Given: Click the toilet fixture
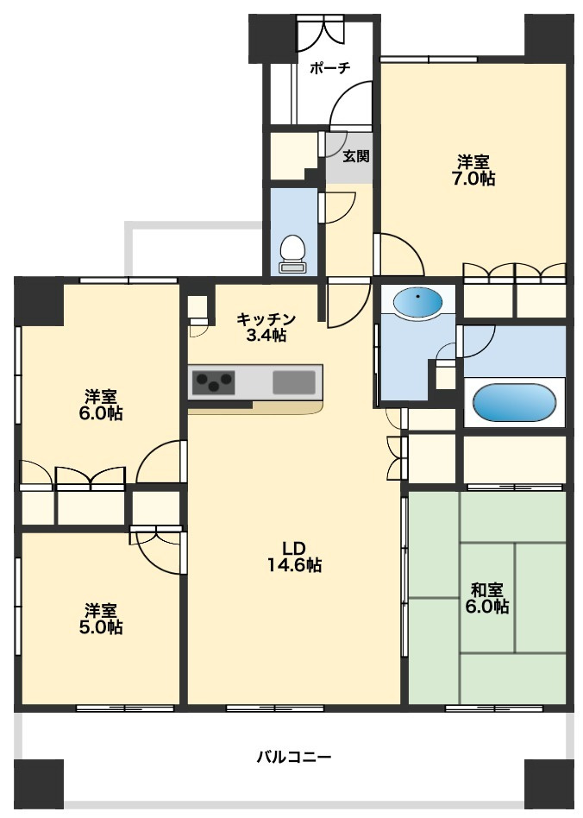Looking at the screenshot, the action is tap(292, 254).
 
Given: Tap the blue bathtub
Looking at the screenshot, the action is tap(514, 403).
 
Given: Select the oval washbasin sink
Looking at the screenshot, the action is tap(417, 302).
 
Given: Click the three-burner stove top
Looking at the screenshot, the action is tap(213, 382).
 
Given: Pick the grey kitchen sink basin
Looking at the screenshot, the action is tap(294, 382).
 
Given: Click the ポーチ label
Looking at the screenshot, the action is tap(330, 68).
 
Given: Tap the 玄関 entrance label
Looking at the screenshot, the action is tap(356, 155).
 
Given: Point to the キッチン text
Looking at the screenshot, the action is tap(266, 318).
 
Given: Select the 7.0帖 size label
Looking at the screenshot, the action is tap(473, 179).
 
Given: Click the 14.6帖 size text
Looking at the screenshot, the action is tap(295, 564).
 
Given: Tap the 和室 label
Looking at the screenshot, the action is tap(487, 590).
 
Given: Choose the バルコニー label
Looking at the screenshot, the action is tap(294, 757).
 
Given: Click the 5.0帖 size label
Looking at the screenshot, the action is tap(101, 626).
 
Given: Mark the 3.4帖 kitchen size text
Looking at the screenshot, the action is tap(266, 335).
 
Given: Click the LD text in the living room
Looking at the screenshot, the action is tap(293, 548).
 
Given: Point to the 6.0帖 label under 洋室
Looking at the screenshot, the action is tap(102, 413).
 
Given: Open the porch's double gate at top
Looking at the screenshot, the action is tap(321, 32).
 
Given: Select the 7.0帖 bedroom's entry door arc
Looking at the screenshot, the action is tap(399, 254).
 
